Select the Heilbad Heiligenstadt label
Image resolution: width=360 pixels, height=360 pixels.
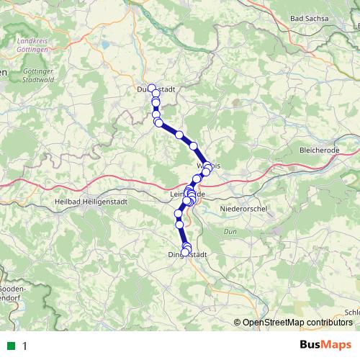click(91, 202)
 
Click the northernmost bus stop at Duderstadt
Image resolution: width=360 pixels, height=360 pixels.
click(151, 88)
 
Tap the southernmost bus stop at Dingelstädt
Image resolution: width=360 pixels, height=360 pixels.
click(184, 253)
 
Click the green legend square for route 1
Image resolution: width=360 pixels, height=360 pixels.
click(10, 346)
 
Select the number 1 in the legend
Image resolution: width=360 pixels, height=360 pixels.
click(24, 346)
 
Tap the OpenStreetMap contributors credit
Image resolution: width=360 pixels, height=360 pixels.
click(299, 322)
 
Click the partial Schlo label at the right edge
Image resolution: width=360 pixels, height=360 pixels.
click(352, 312)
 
